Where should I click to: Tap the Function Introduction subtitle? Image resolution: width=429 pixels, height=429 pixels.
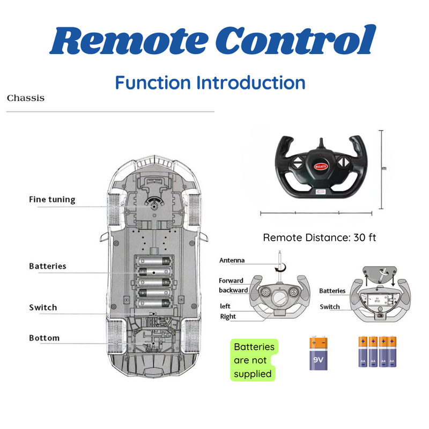(210, 83)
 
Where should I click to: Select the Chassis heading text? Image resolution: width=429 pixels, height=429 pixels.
(26, 99)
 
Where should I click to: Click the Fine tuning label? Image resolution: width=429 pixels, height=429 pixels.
(52, 199)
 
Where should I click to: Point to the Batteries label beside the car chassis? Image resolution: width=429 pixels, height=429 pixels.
(48, 266)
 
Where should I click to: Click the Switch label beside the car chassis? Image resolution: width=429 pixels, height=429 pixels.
(43, 308)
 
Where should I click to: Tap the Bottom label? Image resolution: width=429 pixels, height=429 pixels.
(45, 338)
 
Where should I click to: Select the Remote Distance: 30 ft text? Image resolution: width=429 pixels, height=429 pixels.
(320, 237)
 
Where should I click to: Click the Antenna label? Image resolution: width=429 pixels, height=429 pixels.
(232, 261)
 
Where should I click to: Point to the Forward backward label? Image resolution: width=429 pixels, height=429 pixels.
(233, 285)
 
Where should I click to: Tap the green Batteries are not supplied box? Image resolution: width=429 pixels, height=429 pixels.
(254, 360)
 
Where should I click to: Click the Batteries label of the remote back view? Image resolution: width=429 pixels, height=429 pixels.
(332, 291)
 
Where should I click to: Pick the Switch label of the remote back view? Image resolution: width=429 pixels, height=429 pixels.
(330, 307)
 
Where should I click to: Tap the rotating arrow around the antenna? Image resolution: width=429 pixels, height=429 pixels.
(279, 266)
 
